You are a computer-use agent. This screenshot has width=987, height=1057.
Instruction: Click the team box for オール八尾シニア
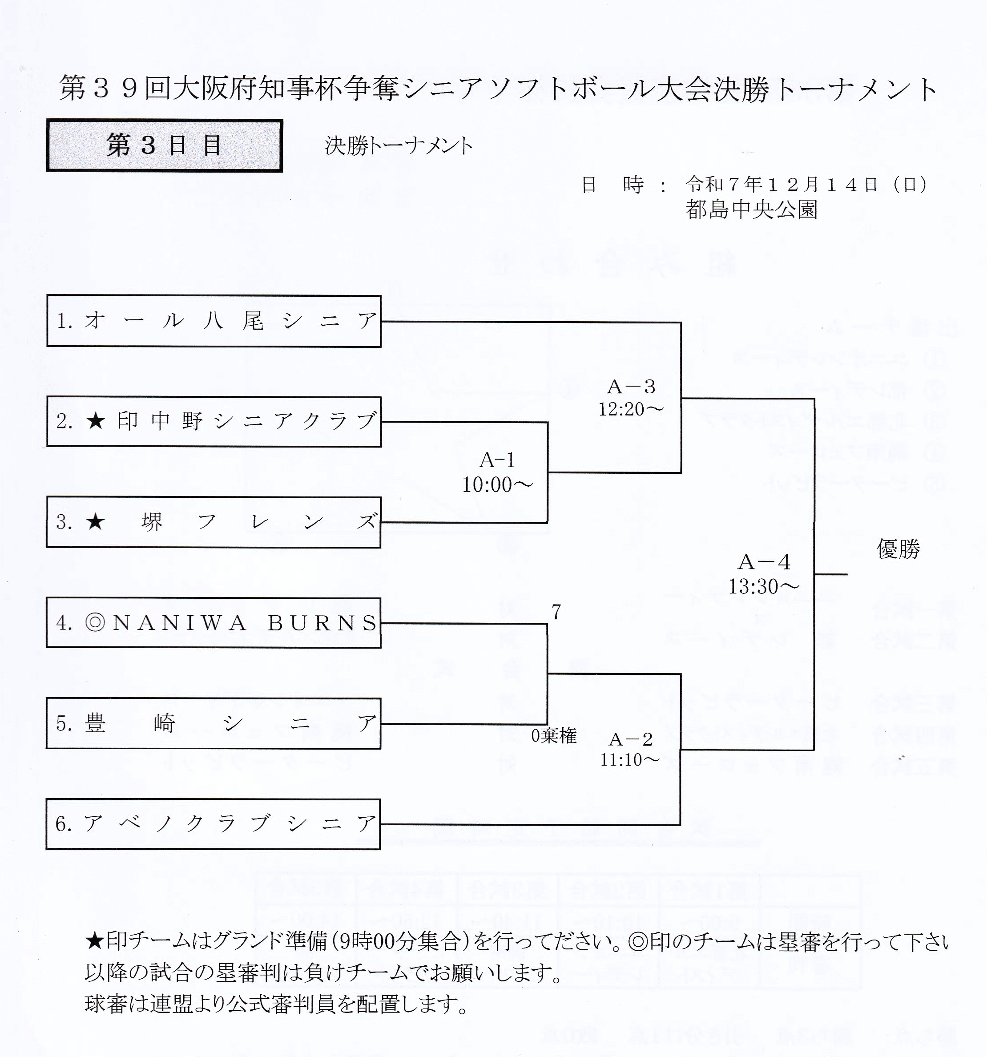214,321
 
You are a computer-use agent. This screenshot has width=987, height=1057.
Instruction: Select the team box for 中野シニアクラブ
214,422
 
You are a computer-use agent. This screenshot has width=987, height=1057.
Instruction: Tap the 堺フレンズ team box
214,522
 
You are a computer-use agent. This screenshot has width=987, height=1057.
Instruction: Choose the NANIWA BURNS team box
214,623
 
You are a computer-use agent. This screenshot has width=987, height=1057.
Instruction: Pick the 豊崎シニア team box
214,723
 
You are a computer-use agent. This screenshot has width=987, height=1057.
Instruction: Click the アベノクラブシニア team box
214,823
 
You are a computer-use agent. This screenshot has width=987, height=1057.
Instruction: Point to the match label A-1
497,460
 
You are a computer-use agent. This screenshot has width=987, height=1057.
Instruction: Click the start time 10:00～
497,484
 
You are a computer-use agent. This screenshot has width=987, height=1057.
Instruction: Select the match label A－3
631,387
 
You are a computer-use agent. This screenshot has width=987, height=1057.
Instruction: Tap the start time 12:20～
631,409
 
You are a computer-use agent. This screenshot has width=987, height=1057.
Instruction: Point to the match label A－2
630,739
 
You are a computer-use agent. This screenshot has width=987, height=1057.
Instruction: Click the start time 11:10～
630,760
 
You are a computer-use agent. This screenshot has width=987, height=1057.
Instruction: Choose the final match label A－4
764,562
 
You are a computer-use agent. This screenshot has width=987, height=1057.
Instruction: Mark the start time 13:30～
764,586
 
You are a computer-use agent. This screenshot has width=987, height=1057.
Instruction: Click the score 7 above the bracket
556,613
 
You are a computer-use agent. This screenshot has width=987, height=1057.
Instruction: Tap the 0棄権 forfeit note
554,736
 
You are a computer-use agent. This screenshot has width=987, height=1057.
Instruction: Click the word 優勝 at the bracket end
898,549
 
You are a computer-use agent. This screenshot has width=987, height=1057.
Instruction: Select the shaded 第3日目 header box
164,145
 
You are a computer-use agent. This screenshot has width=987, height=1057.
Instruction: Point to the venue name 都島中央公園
751,210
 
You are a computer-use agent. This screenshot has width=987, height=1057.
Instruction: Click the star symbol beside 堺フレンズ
96,522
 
